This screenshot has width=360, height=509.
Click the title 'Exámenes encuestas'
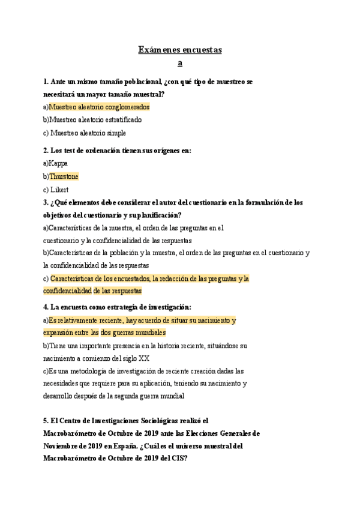click(180, 50)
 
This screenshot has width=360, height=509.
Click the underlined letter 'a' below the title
click(180, 62)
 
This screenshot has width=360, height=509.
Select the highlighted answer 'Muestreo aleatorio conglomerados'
click(99, 107)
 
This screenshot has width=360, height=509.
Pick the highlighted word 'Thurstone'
click(64, 176)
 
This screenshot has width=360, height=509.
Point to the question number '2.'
click(47, 151)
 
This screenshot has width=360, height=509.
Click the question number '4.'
click(47, 307)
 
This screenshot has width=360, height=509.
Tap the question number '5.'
click(47, 421)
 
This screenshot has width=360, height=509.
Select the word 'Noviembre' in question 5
click(62, 446)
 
